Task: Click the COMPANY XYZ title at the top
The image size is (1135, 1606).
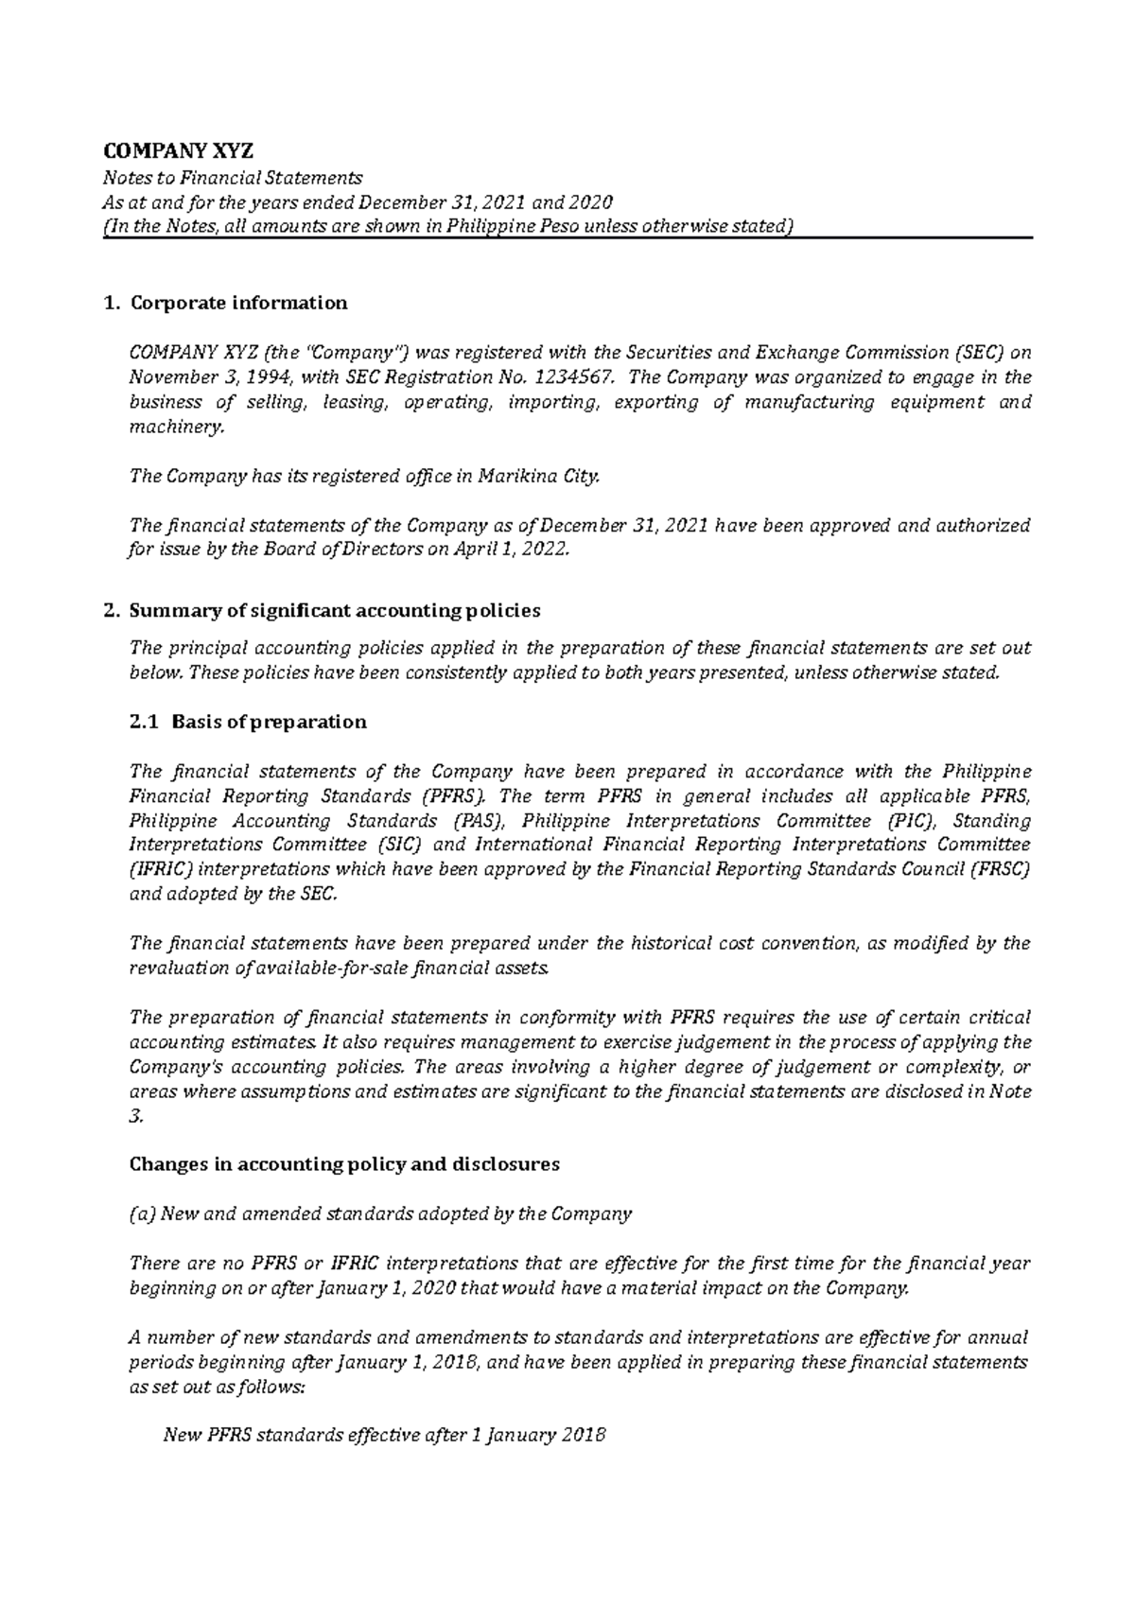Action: click(x=179, y=151)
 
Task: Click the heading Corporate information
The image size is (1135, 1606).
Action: click(x=238, y=303)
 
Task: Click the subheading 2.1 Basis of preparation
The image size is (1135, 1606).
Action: click(x=247, y=722)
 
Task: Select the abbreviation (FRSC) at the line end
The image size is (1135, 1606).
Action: click(x=1000, y=869)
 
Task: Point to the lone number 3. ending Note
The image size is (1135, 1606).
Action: click(x=135, y=1116)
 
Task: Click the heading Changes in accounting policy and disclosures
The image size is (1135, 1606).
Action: click(x=343, y=1164)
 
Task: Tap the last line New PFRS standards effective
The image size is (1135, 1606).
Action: click(x=384, y=1436)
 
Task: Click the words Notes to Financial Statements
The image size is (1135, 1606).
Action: click(x=233, y=178)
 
